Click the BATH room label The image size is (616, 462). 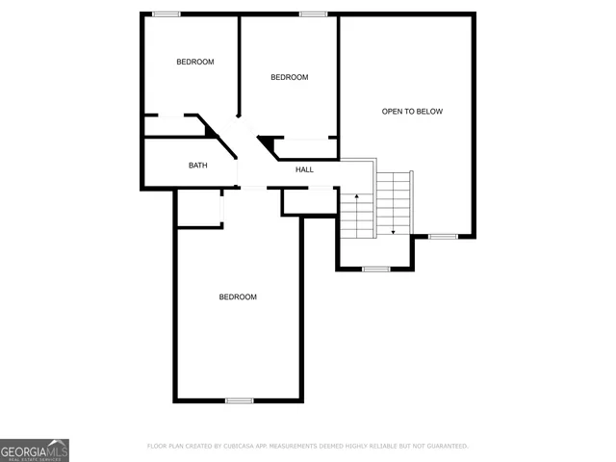[x=197, y=166]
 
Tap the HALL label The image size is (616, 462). [x=304, y=170]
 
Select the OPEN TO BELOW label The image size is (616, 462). [x=412, y=112]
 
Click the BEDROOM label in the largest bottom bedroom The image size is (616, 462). [x=238, y=297]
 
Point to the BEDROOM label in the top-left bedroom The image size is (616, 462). [x=194, y=62]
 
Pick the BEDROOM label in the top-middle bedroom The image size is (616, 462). [x=289, y=78]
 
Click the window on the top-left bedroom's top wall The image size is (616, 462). [x=167, y=13]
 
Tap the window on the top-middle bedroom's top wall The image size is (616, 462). [x=312, y=13]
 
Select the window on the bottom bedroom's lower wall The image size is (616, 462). [x=239, y=400]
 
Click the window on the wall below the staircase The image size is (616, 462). [x=375, y=269]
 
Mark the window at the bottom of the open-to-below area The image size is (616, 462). [x=443, y=237]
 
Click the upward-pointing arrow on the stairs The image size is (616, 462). [x=356, y=198]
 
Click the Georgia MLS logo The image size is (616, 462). [x=35, y=449]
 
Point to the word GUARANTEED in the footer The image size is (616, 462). [x=445, y=447]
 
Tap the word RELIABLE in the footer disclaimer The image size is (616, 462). [x=390, y=447]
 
